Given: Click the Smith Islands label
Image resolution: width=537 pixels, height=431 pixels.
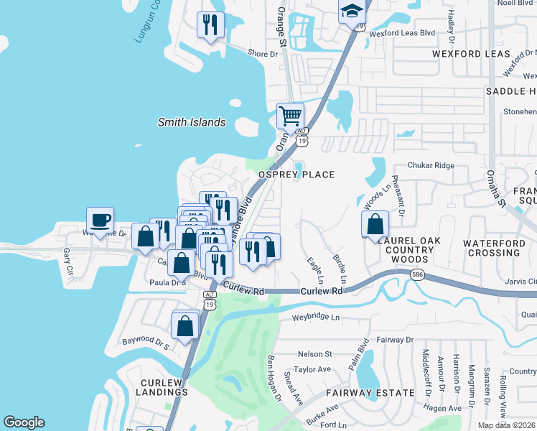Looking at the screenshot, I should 192,122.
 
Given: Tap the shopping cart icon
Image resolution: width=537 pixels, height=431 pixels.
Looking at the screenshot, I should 290,115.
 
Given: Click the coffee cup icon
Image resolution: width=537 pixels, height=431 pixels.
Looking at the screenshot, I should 100,220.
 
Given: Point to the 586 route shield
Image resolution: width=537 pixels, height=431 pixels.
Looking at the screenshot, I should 416,275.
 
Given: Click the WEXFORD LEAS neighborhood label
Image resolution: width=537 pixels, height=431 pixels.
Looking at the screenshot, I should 471,54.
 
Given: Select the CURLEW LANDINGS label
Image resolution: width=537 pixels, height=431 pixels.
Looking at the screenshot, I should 164,387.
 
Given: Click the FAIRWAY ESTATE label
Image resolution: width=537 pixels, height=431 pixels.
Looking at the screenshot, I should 370,393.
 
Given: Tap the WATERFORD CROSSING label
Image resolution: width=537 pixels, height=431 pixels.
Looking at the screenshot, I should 492,248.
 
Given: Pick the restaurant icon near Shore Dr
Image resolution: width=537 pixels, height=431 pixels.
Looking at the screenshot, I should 210,25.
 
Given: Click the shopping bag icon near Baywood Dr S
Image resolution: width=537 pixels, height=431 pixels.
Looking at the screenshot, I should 185,325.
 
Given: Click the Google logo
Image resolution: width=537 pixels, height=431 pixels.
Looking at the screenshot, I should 24,422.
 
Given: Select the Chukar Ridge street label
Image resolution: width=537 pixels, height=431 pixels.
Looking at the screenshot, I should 431,165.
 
